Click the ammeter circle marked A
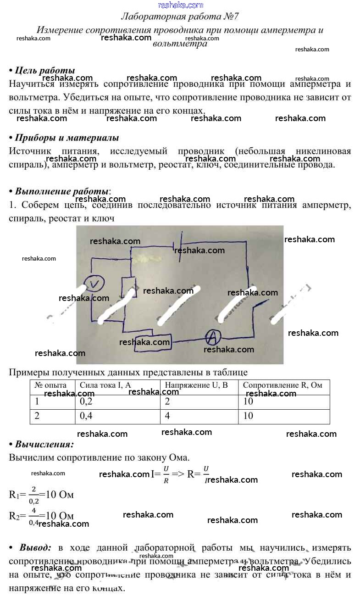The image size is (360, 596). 212,338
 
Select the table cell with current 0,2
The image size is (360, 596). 117,401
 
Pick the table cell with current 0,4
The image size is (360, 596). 117,416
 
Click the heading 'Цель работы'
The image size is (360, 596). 44,70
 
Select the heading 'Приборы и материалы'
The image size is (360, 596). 66,138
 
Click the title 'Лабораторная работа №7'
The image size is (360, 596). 180,17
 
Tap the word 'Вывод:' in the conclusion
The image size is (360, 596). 35,547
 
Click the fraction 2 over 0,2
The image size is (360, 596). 34,495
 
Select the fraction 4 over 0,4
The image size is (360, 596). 34,515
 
